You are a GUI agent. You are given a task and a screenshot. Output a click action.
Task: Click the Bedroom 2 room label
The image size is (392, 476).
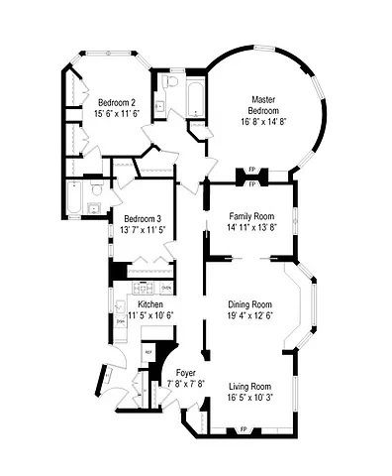coord(117,102)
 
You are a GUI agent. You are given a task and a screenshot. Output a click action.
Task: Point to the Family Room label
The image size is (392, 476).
coord(251,216)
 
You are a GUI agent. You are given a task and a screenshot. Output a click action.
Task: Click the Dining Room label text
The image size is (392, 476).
coord(249,304)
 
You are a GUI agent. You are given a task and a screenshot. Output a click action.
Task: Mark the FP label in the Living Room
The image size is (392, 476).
coord(244,428)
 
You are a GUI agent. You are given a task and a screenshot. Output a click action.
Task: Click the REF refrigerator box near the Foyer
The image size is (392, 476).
coord(148,352)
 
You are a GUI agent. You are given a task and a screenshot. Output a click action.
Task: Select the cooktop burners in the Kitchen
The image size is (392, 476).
coord(134,290)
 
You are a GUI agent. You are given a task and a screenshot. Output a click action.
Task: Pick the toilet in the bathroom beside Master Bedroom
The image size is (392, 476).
coord(171,82)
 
